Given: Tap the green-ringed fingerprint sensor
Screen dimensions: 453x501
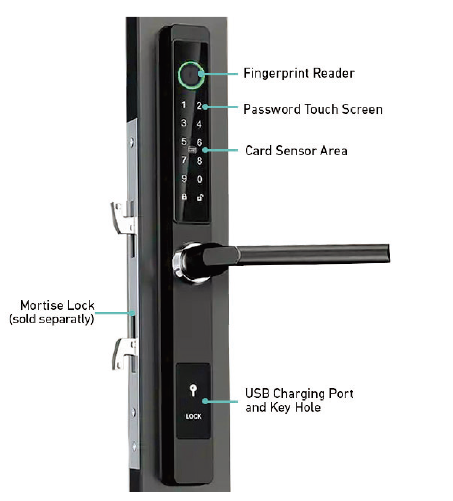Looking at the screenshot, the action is coord(191,75).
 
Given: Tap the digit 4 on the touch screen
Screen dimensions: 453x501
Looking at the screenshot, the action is coord(199,124).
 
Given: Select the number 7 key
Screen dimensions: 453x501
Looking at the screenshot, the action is coord(184,160).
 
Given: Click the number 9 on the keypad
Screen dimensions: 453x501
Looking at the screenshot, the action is coord(184,178).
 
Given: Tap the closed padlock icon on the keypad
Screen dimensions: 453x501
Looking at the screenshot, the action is coord(184,197).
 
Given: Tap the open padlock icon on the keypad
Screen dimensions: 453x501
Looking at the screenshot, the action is coord(200,198).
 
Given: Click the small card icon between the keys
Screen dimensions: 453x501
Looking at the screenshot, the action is coord(192,150).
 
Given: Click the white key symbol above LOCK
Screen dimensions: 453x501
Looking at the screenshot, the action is coord(193,390).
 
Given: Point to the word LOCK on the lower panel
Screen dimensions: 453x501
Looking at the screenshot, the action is coord(193,416).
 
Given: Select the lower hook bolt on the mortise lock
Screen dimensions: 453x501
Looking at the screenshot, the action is coord(124,354).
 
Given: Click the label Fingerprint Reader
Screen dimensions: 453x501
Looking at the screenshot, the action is coord(299,73).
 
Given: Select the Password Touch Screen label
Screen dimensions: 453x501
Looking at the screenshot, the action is coord(313,109).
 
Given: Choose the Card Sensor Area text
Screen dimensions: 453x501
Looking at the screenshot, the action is coord(296,151).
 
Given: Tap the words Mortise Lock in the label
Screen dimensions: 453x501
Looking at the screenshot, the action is coord(57,306).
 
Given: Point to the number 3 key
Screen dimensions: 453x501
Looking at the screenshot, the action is coord(184,123).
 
